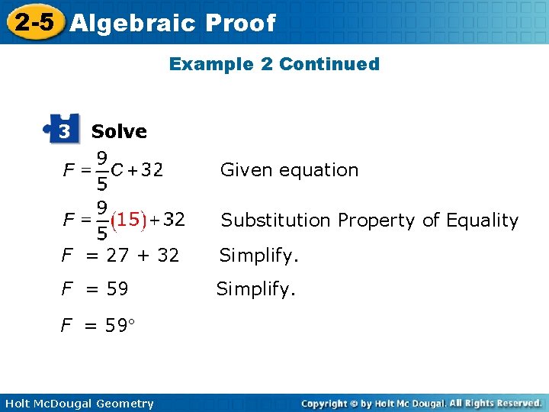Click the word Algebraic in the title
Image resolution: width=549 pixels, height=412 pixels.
pos(130,23)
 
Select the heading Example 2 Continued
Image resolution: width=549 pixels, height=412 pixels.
pos(274,64)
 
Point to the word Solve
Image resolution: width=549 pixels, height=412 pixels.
pos(119,131)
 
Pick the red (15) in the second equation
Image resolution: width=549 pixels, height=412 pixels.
pos(127,220)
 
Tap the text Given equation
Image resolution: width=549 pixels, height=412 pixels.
pos(289,170)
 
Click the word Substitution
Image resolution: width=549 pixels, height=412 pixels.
pos(276,220)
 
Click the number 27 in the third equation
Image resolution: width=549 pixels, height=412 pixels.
pos(117,256)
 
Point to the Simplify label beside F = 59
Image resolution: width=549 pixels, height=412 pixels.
pos(254,289)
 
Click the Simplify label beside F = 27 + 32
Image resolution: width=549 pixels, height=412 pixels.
pos(257,256)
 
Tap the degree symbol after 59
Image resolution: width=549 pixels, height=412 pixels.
pos(131,324)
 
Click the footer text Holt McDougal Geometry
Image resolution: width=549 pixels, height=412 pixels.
pos(79,404)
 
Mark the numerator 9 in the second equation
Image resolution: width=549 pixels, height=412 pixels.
pos(100,205)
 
